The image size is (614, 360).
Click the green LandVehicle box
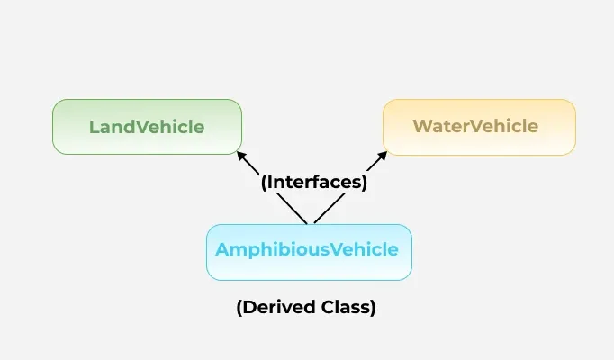pyautogui.click(x=147, y=126)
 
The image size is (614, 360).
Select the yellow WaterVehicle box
pyautogui.click(x=478, y=126)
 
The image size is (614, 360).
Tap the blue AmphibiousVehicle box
pyautogui.click(x=309, y=251)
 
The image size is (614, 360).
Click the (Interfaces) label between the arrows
pyautogui.click(x=314, y=182)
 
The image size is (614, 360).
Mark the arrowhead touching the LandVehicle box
pyautogui.click(x=241, y=155)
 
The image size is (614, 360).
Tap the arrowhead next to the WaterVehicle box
pyautogui.click(x=383, y=155)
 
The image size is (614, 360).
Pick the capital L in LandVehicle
pyautogui.click(x=94, y=127)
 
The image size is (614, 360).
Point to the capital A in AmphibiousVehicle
pyautogui.click(x=221, y=250)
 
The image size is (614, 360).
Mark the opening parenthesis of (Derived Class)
pyautogui.click(x=239, y=308)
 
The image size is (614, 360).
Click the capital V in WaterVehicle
pyautogui.click(x=471, y=127)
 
